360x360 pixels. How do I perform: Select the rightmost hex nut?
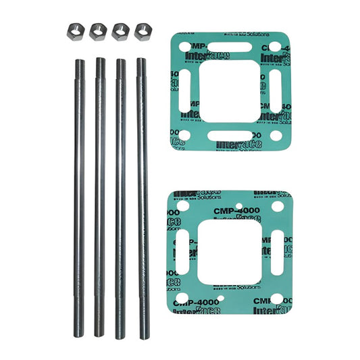[x=142, y=30]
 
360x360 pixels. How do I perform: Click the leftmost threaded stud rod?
[x=80, y=196]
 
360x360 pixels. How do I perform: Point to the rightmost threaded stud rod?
[x=143, y=196]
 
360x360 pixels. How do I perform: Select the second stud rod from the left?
[x=100, y=196]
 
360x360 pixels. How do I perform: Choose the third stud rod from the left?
[x=121, y=196]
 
